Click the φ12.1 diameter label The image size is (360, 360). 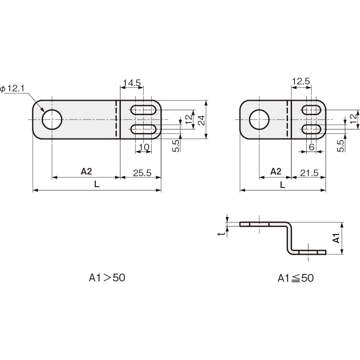click(14, 88)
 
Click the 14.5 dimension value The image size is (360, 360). click(131, 83)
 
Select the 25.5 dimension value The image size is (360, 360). click(142, 173)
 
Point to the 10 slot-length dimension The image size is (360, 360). click(143, 147)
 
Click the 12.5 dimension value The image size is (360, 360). click(301, 82)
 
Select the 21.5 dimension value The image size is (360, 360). click(309, 173)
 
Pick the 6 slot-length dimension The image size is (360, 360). click(311, 147)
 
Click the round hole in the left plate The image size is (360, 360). click(52, 120)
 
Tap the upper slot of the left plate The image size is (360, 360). click(143, 110)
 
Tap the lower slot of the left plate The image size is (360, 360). click(143, 129)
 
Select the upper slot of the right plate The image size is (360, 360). click(311, 110)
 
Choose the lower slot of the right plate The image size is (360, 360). click(311, 129)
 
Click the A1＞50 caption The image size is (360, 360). click(107, 278)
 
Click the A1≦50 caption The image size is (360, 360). click(296, 278)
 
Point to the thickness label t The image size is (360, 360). click(221, 233)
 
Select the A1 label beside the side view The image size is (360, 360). click(336, 238)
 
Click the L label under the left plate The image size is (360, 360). click(97, 185)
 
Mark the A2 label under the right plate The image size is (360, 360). click(276, 171)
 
